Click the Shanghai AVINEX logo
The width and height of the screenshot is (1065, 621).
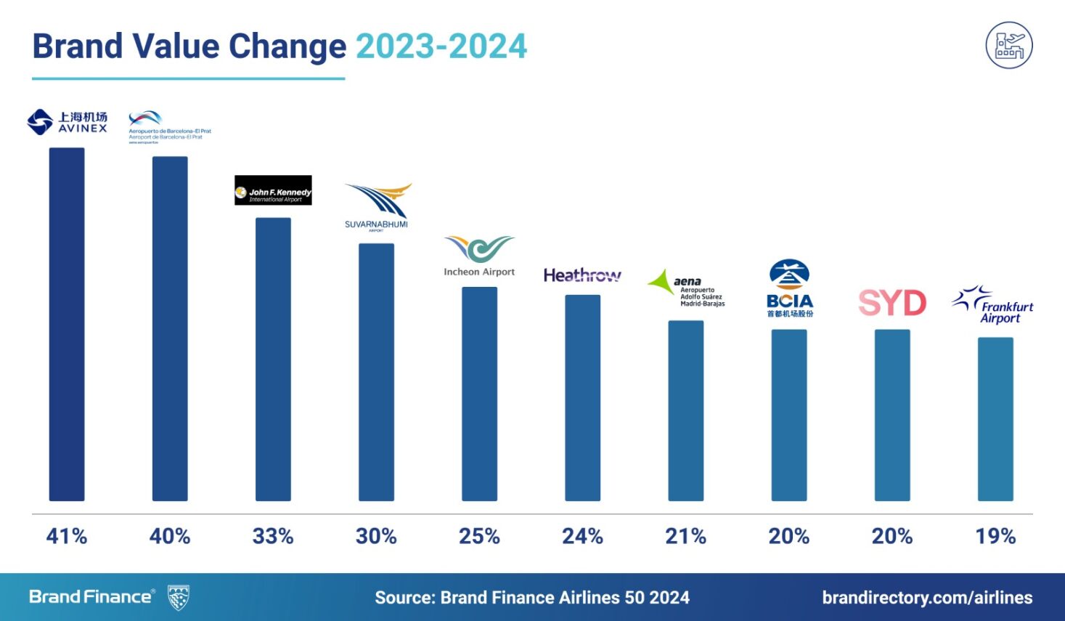click(x=67, y=122)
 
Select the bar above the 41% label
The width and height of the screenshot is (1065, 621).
click(x=67, y=324)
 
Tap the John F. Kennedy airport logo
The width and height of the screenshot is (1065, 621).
click(x=273, y=190)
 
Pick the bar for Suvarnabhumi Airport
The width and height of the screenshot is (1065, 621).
click(x=376, y=372)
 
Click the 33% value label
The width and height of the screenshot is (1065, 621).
click(x=273, y=537)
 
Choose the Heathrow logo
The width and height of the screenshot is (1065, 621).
click(x=582, y=275)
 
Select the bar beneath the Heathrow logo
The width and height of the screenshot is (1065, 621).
click(x=582, y=397)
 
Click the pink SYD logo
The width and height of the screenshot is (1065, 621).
click(x=892, y=303)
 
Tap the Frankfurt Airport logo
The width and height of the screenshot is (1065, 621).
click(x=994, y=305)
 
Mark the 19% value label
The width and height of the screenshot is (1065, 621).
click(x=995, y=537)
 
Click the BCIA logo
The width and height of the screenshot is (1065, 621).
click(x=790, y=288)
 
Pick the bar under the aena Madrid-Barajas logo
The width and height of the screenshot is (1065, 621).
click(x=685, y=410)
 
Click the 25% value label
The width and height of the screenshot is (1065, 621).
click(x=479, y=537)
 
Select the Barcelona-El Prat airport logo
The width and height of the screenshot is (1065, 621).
click(x=169, y=127)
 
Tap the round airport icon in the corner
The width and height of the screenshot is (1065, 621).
click(x=1009, y=45)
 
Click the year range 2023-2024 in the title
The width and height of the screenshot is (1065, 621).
click(x=441, y=46)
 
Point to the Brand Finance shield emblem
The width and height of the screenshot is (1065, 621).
click(x=178, y=597)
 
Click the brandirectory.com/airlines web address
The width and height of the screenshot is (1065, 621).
click(x=927, y=598)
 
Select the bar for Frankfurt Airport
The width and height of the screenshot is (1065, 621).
click(x=995, y=419)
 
